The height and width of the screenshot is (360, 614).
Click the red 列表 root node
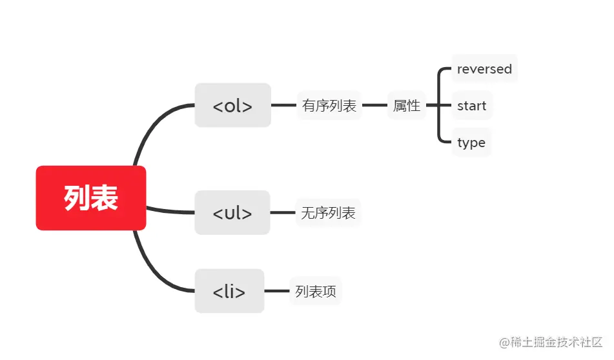pos(91,198)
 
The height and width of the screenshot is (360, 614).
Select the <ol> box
pos(232,105)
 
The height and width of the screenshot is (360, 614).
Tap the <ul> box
pos(232,212)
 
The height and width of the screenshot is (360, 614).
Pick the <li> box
pos(229,291)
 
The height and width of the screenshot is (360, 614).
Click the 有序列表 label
pos(329,106)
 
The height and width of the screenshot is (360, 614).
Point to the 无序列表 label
pos(328,212)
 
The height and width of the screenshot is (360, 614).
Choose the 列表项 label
pos(316,291)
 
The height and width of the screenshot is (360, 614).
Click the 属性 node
pos(407,106)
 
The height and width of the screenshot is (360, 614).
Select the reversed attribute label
pos(484,69)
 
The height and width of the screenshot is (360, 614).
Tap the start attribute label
pos(471,106)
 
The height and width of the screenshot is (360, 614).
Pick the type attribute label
pos(471,143)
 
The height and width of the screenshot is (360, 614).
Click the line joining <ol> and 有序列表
pos(283,105)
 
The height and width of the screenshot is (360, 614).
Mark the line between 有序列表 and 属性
pos(374,105)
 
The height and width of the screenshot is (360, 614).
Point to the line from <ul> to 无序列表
pos(282,212)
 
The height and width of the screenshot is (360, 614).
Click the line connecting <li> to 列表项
pos(276,291)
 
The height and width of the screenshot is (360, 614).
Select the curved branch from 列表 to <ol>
pos(152,126)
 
